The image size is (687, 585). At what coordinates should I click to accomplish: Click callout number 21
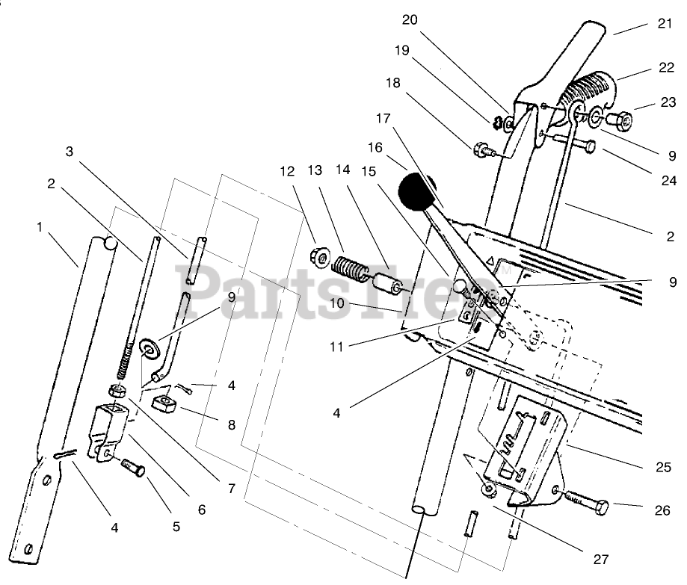(x=665, y=25)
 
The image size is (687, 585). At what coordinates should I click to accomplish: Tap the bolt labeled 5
(x=132, y=468)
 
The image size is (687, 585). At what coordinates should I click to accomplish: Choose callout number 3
(x=69, y=152)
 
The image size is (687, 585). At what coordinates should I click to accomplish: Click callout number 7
(x=232, y=489)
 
